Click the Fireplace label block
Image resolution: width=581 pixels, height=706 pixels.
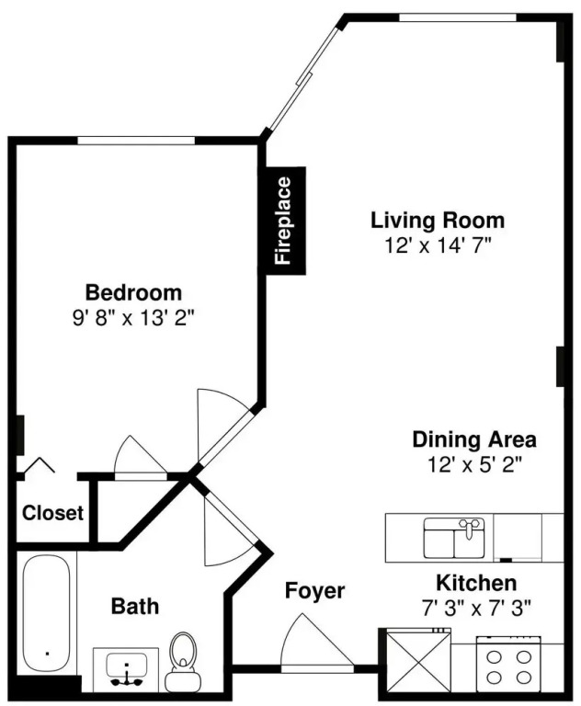click(286, 221)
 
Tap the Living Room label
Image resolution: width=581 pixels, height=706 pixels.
click(438, 221)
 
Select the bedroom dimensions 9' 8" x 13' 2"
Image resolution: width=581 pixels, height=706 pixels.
click(133, 319)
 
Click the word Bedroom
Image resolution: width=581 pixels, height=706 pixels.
click(133, 292)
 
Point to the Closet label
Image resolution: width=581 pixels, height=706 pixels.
click(52, 513)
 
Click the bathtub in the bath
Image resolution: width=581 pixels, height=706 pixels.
click(46, 613)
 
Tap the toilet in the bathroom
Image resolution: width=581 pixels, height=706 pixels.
click(183, 662)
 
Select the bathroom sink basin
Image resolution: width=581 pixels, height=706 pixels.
click(127, 668)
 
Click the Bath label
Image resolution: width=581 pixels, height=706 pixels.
click(134, 606)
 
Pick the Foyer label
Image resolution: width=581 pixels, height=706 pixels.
click(314, 590)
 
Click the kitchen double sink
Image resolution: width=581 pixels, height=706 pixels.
click(454, 538)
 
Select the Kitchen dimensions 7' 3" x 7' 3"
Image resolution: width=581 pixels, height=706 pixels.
click(476, 609)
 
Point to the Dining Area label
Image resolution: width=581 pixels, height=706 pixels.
click(474, 439)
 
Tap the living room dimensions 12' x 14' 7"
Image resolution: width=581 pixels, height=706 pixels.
click(438, 245)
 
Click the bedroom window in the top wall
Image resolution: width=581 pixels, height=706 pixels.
click(136, 141)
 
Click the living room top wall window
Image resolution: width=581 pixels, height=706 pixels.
click(458, 17)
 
